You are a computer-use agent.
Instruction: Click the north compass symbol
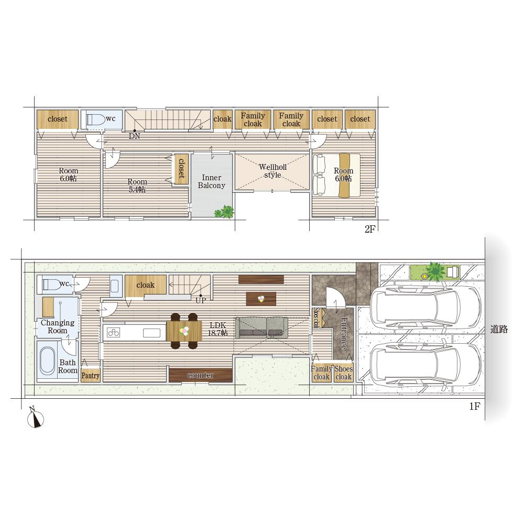coord(35,418)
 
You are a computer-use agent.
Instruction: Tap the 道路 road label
coord(499,330)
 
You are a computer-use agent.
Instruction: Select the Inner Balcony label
coord(212,181)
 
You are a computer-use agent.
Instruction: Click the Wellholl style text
coord(272,171)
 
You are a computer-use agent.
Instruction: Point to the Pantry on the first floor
coord(91,375)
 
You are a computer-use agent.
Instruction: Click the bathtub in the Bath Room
coord(48,361)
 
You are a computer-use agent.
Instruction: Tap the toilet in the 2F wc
coord(95,119)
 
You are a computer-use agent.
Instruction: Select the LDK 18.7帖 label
coord(217,329)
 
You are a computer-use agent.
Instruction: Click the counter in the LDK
coord(201,375)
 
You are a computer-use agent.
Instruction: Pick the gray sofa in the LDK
coord(261,328)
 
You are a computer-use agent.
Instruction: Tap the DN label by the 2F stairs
coord(134,136)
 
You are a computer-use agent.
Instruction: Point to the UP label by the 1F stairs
coord(201,300)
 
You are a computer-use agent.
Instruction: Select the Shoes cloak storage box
coord(343,373)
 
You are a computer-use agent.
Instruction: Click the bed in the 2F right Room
coord(336,176)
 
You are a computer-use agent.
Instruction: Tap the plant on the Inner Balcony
coord(224,212)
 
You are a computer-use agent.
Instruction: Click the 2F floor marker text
coord(370,230)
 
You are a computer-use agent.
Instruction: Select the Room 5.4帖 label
coord(137,185)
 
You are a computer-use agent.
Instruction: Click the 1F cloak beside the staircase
coord(146,285)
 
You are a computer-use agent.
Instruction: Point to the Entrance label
coord(344,333)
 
